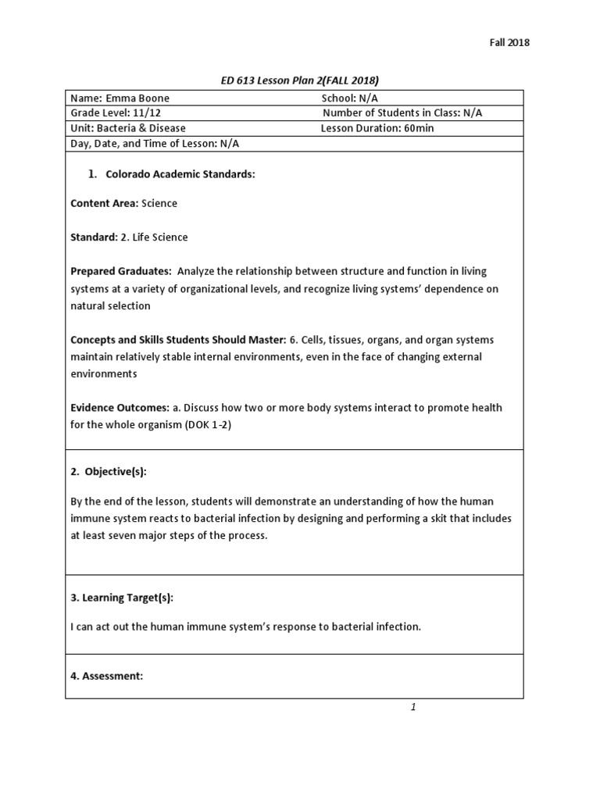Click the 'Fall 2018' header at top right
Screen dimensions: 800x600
509,43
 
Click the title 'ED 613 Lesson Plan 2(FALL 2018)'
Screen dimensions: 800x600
300,80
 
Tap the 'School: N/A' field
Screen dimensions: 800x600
350,98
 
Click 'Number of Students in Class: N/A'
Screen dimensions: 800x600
402,113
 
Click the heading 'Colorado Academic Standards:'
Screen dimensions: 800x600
180,174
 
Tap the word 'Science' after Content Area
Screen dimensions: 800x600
159,203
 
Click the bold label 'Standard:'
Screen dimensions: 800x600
94,237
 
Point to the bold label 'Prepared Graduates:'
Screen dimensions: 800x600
121,271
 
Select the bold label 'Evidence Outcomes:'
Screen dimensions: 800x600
120,408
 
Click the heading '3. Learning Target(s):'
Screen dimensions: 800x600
122,598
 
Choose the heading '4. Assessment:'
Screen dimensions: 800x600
107,676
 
